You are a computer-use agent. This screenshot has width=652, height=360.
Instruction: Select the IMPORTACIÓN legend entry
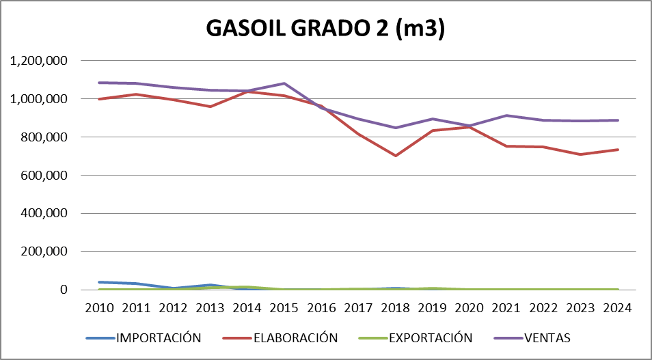click(158, 337)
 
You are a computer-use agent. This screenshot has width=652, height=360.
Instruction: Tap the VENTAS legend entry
click(546, 337)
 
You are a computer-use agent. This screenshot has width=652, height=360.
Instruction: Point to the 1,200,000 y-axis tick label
click(38, 61)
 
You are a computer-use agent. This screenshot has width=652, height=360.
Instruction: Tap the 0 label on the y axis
click(64, 290)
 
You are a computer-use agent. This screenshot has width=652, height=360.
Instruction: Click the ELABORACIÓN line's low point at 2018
click(396, 156)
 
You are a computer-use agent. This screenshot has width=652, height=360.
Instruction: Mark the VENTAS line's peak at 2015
click(284, 83)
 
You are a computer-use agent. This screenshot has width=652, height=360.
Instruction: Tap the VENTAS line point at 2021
click(506, 115)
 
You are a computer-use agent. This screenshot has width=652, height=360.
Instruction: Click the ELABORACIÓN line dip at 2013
click(210, 107)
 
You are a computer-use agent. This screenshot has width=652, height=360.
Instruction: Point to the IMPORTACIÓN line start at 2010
click(99, 282)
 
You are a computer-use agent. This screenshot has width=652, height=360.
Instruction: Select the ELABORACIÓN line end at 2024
click(618, 150)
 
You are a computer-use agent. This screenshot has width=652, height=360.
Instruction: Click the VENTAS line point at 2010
click(99, 83)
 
